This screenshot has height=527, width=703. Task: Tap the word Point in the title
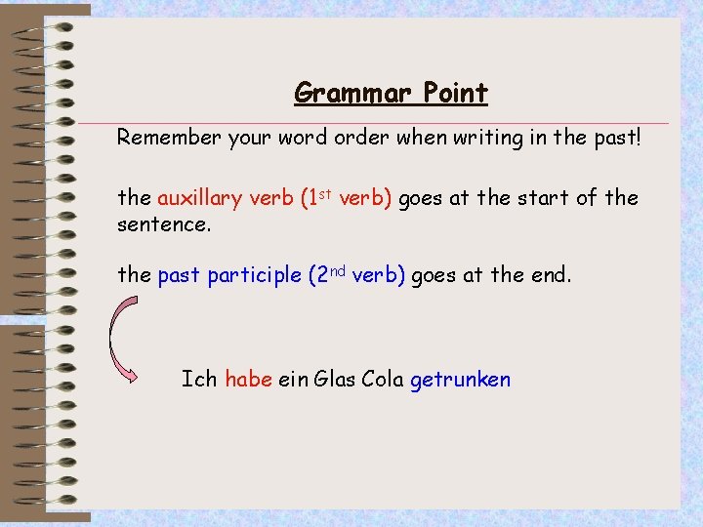click(x=455, y=94)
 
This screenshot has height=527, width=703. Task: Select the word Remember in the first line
click(x=163, y=138)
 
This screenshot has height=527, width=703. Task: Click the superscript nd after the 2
click(x=337, y=270)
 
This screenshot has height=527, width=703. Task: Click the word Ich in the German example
click(x=199, y=380)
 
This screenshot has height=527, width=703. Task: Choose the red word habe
click(x=248, y=380)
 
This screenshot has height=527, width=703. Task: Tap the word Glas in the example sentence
click(x=336, y=380)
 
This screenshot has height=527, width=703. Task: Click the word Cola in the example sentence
click(x=383, y=380)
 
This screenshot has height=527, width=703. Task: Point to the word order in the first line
click(x=362, y=138)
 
